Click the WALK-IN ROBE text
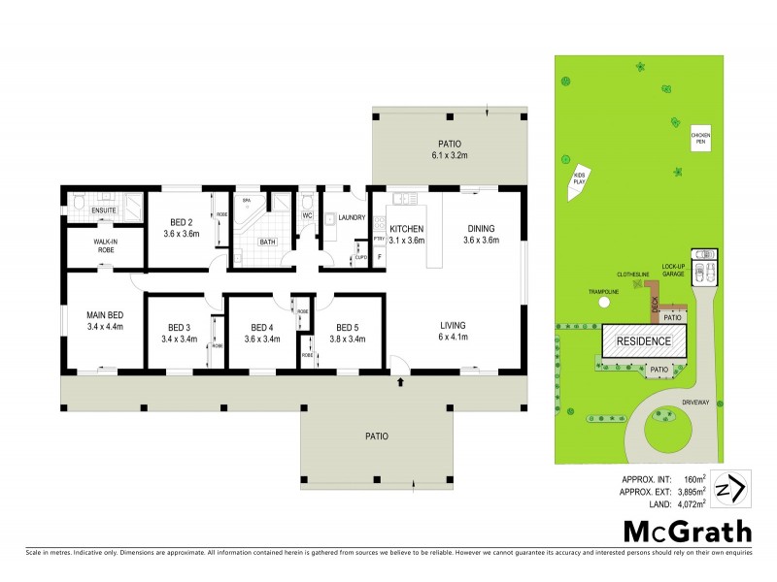(x=105, y=245)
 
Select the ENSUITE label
(x=104, y=210)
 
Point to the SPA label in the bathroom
(x=247, y=201)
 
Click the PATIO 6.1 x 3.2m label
(x=451, y=148)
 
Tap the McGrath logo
(x=687, y=531)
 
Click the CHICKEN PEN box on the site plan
(x=699, y=138)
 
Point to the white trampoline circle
(x=604, y=302)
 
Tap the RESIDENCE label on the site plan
(x=645, y=341)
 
